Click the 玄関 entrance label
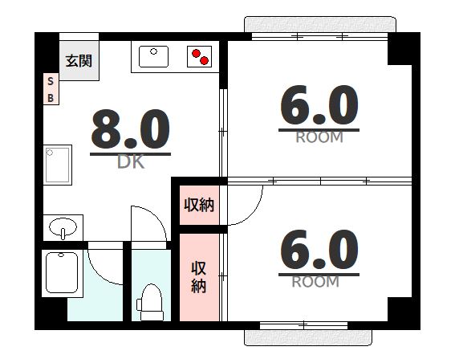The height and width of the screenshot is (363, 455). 79,60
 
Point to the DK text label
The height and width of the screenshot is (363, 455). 131,162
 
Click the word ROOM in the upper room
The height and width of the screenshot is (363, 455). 319,137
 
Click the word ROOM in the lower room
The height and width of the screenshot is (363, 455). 315,282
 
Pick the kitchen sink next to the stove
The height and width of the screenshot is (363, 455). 153,56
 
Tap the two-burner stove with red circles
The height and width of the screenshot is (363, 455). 201,56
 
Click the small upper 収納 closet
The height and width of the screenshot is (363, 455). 199,205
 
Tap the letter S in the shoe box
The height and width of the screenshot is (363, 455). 50,82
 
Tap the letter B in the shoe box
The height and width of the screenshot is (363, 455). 50,98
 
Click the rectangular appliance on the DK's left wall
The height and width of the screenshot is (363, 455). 58,164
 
